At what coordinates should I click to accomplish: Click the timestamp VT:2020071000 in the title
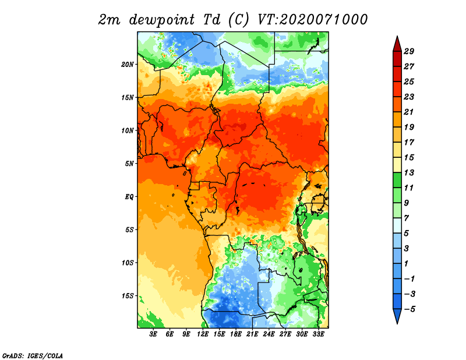click(312, 19)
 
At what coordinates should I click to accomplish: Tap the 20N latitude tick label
click(128, 64)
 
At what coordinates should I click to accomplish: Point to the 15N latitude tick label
click(128, 97)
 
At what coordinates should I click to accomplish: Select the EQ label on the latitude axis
click(129, 196)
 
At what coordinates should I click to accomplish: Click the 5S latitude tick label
click(129, 230)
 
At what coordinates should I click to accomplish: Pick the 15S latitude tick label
click(128, 295)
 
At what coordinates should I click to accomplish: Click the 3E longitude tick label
click(153, 334)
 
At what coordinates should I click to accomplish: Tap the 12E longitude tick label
click(203, 334)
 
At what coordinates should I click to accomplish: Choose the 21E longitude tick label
click(252, 334)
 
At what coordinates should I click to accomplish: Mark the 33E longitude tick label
click(318, 334)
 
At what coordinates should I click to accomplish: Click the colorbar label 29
click(416, 51)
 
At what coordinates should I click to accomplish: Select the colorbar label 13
click(416, 172)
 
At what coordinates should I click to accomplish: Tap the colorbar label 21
click(416, 112)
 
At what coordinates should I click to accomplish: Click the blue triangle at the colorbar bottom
click(397, 316)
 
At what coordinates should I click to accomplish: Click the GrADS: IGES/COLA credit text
click(32, 355)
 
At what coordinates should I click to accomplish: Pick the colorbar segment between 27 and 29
click(397, 59)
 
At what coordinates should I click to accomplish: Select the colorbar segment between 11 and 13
click(397, 180)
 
